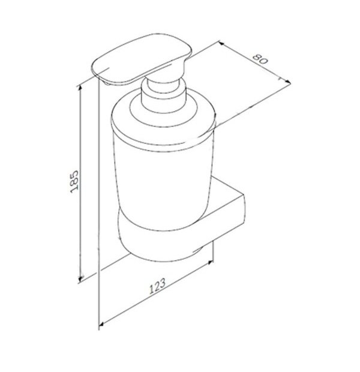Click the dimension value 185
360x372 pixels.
point(74,181)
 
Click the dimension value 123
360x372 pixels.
point(157,286)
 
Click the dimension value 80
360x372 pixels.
point(260,59)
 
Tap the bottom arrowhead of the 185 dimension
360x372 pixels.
point(80,278)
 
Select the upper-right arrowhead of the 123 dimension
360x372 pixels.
point(209,263)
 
